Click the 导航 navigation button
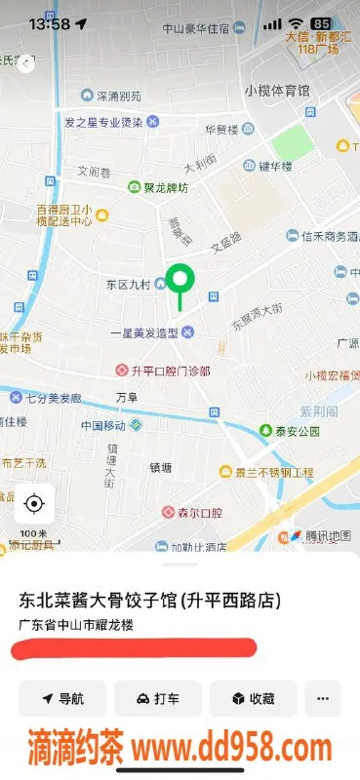62,698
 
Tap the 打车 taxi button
157,698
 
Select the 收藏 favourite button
252,698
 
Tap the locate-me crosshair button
34,504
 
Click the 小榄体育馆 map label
277,91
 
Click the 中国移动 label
105,425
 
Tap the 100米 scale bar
34,535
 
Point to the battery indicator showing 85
321,22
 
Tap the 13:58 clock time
49,23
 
